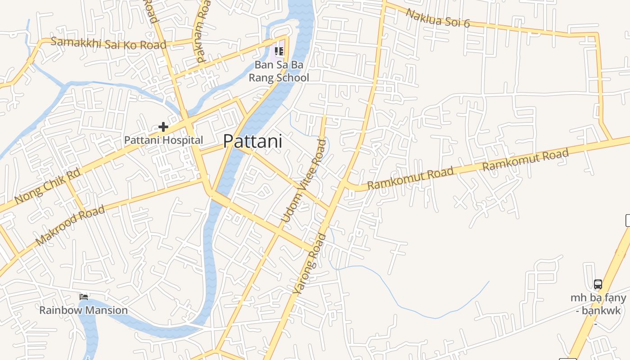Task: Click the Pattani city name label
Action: (x=252, y=141)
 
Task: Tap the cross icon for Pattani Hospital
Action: (x=163, y=127)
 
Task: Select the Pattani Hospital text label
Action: (x=163, y=140)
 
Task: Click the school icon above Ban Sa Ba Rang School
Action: (x=279, y=52)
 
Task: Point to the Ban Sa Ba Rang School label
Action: (x=279, y=71)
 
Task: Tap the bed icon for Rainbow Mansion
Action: (x=84, y=297)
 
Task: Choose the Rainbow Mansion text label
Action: (x=83, y=310)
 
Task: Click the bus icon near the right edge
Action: (x=598, y=284)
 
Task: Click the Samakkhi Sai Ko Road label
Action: (x=108, y=43)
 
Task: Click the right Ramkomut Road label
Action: (x=525, y=160)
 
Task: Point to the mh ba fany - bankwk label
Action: (x=598, y=304)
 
